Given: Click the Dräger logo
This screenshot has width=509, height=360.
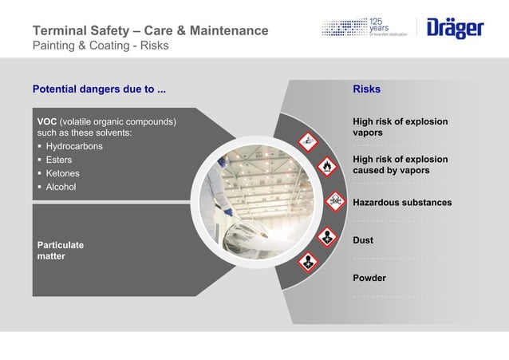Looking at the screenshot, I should click(455, 30).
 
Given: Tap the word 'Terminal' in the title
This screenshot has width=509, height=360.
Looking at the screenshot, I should click(58, 31).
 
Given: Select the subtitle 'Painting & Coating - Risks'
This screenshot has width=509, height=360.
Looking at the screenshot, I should click(100, 45).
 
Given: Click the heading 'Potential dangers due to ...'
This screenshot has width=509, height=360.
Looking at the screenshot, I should click(99, 89).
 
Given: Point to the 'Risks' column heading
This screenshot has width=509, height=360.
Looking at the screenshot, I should click(366, 89).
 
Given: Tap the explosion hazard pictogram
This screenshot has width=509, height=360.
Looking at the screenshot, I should click(306, 141).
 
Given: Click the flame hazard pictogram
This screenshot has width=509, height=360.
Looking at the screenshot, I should click(326, 167).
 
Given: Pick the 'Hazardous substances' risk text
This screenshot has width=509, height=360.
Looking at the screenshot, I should click(402, 203).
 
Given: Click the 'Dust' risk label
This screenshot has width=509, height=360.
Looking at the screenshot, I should click(363, 240).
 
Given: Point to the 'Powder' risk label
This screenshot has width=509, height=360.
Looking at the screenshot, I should click(369, 279).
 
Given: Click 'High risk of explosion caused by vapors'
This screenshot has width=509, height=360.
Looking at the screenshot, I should click(399, 164).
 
